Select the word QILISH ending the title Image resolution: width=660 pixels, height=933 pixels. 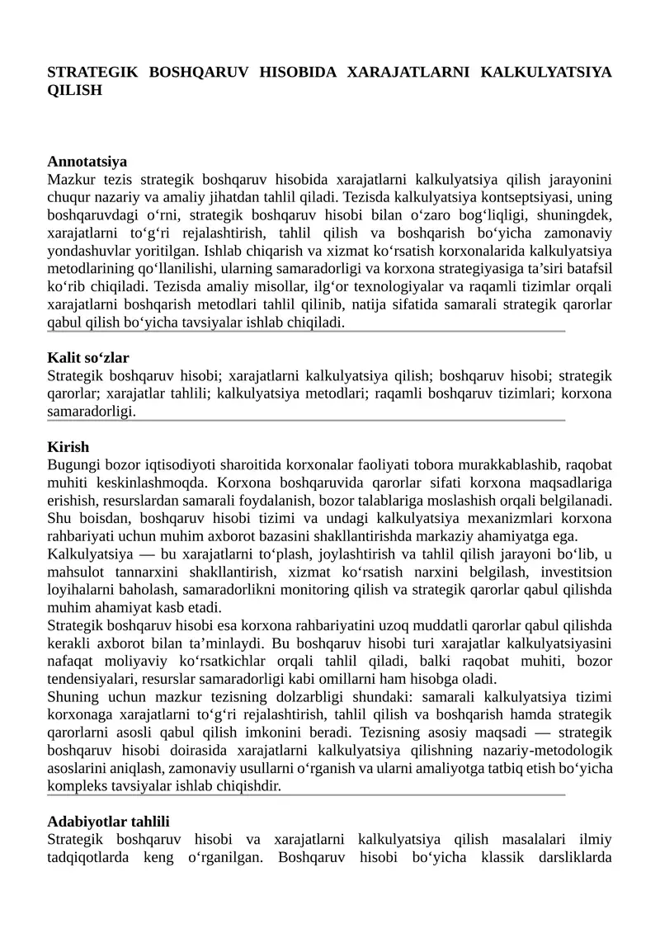pyautogui.click(x=74, y=90)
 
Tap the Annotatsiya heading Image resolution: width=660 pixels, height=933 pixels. pyautogui.click(x=87, y=162)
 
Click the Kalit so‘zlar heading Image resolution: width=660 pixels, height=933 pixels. pyautogui.click(x=88, y=358)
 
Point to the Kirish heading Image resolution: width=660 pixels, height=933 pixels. pyautogui.click(x=68, y=447)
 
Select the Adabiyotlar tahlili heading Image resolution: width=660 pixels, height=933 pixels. pyautogui.click(x=108, y=822)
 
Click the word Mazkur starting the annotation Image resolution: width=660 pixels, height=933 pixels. pyautogui.click(x=70, y=179)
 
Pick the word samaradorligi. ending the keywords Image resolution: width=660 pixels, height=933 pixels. pyautogui.click(x=91, y=412)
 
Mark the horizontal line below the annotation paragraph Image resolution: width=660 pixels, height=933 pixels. pyautogui.click(x=305, y=332)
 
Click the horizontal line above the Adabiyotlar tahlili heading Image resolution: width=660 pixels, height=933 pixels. pyautogui.click(x=305, y=795)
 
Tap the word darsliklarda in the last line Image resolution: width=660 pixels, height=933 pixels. pyautogui.click(x=574, y=857)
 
